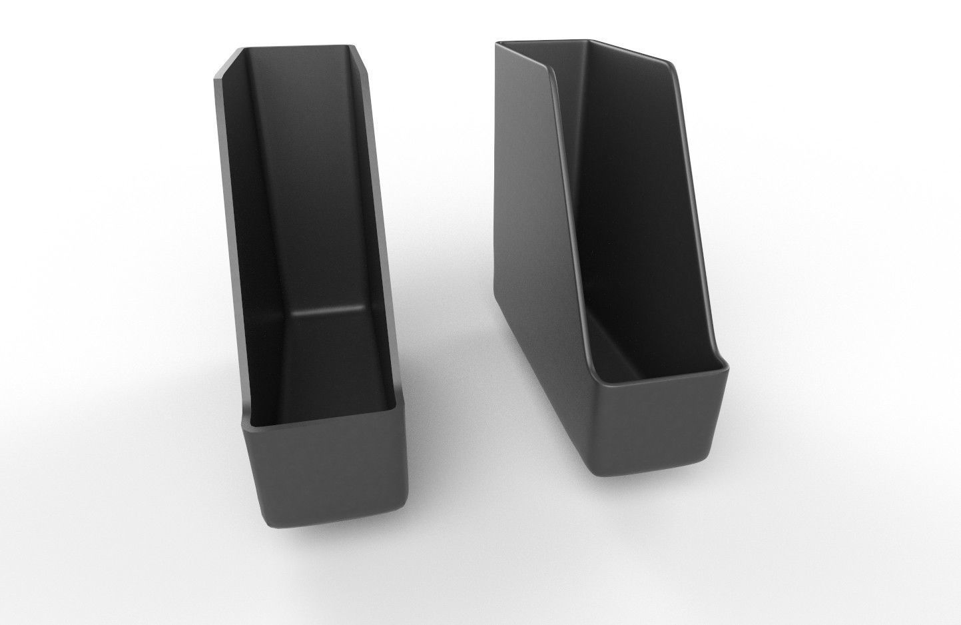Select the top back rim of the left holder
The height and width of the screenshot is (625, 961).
(293, 47)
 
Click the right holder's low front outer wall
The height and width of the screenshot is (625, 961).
(659, 433)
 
